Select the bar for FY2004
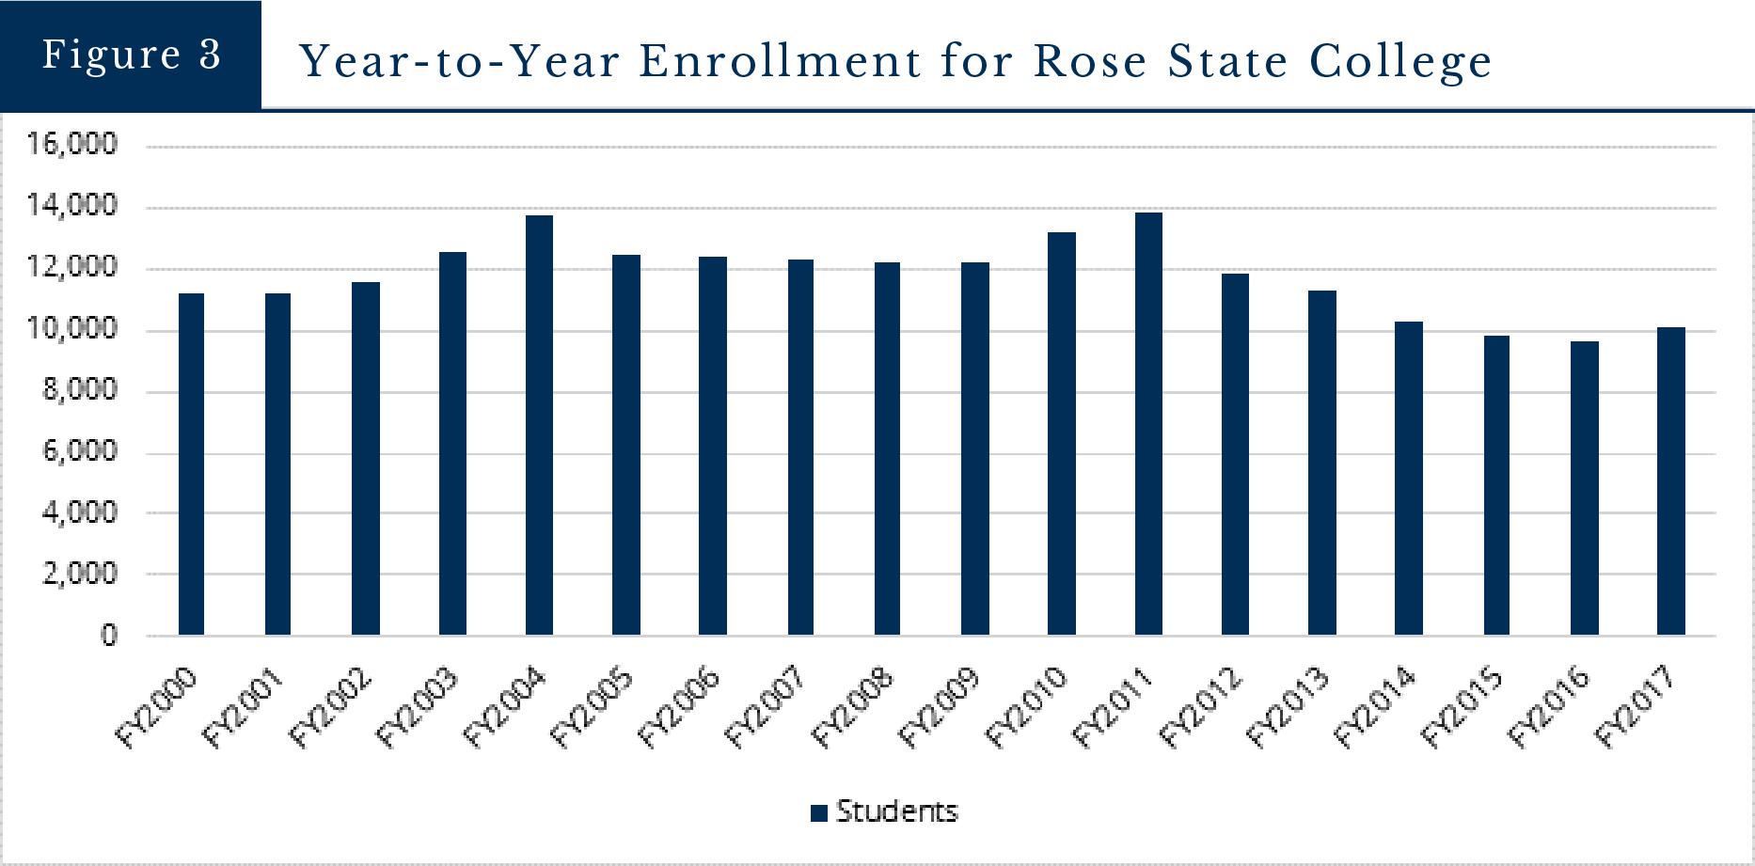[539, 425]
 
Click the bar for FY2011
[1148, 424]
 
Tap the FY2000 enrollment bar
[191, 464]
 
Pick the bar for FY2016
[1584, 488]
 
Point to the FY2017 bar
[1670, 481]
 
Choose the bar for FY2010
[1061, 433]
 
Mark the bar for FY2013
[1321, 463]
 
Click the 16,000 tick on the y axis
[71, 144]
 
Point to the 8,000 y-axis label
[80, 389]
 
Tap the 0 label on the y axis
[109, 635]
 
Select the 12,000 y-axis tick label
[71, 267]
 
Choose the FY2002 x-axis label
[331, 707]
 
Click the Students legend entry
[884, 811]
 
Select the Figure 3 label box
[131, 55]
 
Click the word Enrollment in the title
[780, 62]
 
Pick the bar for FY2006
[713, 446]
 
